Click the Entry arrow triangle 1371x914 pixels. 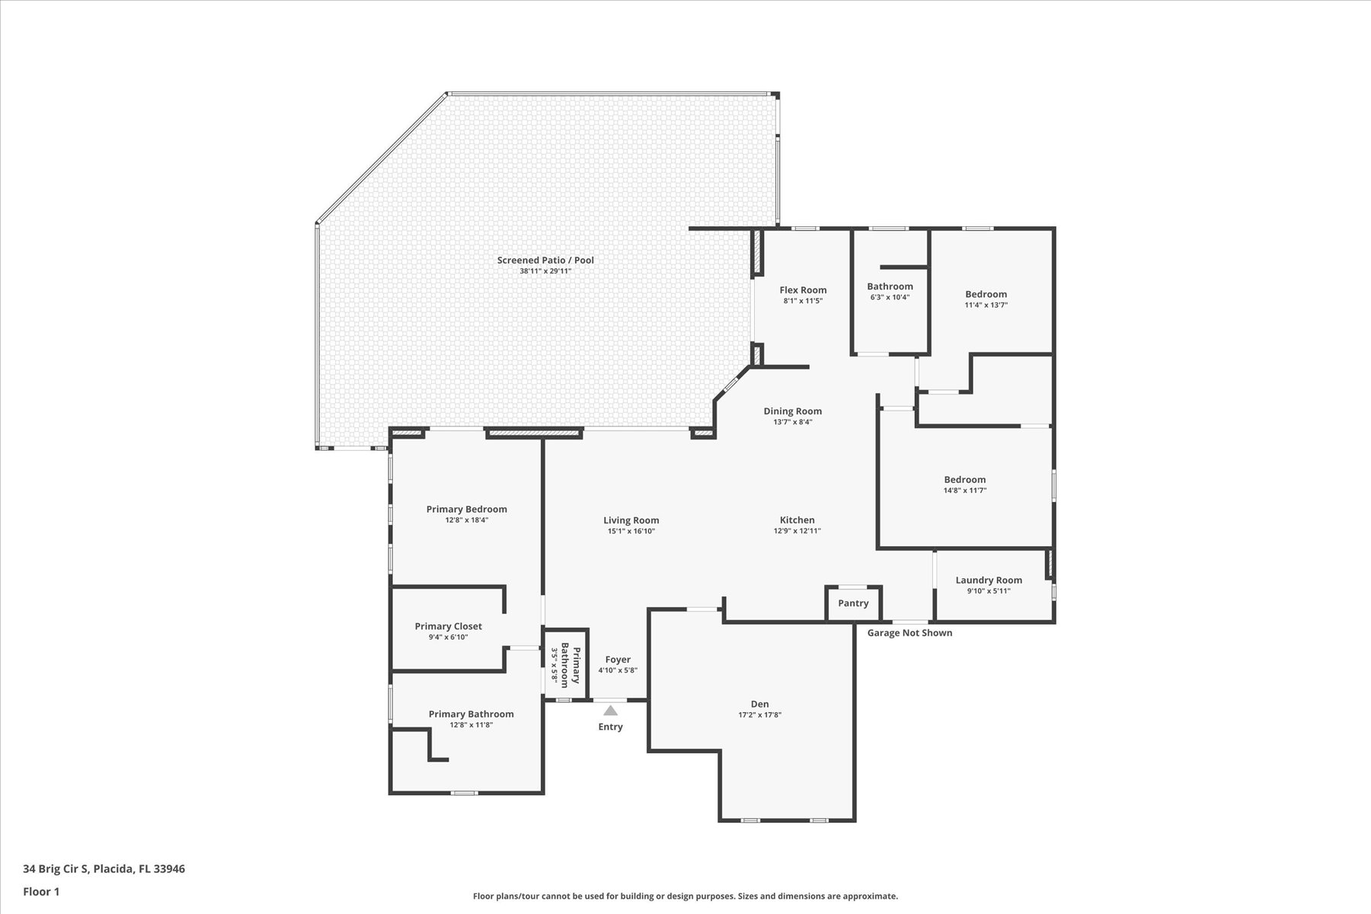click(x=610, y=711)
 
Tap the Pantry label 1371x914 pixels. click(x=853, y=603)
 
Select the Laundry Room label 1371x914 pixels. click(x=989, y=580)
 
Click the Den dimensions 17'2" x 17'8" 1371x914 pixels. click(x=760, y=715)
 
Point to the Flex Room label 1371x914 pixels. click(x=803, y=290)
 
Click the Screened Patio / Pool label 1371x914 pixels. click(x=545, y=260)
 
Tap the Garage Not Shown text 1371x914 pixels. click(x=909, y=633)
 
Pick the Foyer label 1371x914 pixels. click(x=618, y=660)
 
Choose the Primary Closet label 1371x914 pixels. click(x=448, y=627)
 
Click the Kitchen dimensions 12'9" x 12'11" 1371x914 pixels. click(x=797, y=532)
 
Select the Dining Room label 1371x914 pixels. click(x=792, y=411)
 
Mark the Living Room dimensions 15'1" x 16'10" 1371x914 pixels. click(x=631, y=532)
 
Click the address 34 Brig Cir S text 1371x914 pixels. click(x=56, y=869)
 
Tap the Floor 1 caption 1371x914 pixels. click(x=41, y=892)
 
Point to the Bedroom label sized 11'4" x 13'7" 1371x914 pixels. click(x=986, y=295)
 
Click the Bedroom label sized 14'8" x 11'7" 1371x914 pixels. click(x=964, y=480)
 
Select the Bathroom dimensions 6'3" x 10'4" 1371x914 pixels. click(x=890, y=298)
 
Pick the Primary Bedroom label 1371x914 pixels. click(x=466, y=510)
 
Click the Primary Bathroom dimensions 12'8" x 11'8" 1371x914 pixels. click(x=471, y=725)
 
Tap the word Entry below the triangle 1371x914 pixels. click(x=610, y=727)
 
